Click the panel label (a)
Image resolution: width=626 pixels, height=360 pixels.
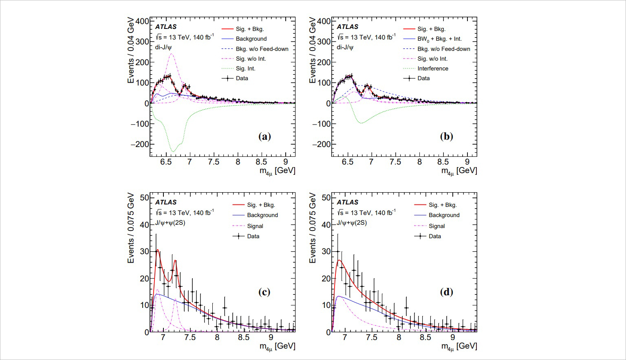pos(265,136)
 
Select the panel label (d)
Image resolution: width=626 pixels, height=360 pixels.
pos(446,292)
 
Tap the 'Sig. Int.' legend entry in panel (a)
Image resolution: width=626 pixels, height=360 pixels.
pos(245,68)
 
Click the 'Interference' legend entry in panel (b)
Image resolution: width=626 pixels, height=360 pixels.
pos(432,68)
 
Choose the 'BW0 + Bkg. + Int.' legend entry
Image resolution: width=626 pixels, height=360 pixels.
pos(439,39)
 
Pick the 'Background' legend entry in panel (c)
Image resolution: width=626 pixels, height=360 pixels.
pos(262,215)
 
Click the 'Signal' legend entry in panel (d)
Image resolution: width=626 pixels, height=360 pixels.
pos(436,226)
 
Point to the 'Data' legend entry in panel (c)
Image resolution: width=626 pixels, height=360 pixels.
pos(253,236)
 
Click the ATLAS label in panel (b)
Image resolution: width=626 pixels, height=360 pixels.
pos(347,27)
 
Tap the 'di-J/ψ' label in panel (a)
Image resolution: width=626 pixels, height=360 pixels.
pos(163,47)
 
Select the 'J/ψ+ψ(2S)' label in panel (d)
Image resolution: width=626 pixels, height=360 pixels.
pos(351,223)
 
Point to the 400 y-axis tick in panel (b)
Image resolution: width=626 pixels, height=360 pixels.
pos(324,21)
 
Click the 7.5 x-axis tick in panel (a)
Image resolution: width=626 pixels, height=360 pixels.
pos(214,162)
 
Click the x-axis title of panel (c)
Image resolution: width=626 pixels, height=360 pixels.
pos(277,346)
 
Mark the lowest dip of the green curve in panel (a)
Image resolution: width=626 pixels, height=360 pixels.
pos(173,151)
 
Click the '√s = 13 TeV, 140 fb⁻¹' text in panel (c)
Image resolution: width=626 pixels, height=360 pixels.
pos(184,213)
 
